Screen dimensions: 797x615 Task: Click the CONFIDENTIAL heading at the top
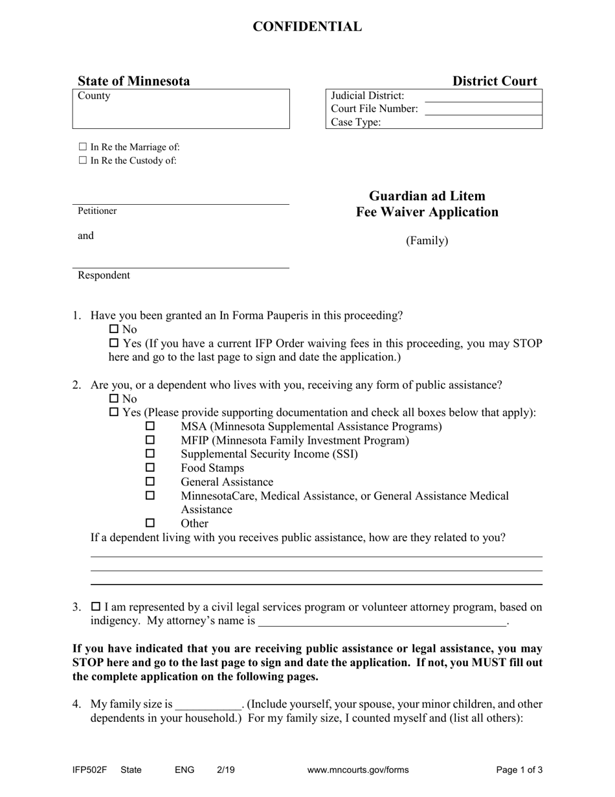[x=307, y=27]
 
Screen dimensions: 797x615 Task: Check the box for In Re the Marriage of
[x=82, y=147]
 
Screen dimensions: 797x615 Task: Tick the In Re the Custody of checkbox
[x=82, y=161]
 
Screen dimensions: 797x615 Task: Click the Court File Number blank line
[x=482, y=109]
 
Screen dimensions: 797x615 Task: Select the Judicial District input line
[x=482, y=96]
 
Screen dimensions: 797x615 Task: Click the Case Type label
[x=356, y=122]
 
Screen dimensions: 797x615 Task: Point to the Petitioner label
[x=97, y=211]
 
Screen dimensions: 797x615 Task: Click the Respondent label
[x=104, y=275]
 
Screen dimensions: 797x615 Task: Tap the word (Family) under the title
[x=427, y=241]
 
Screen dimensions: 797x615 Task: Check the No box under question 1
[x=115, y=330]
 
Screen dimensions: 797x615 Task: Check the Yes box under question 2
[x=115, y=413]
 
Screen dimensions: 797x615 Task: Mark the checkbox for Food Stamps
[x=150, y=468]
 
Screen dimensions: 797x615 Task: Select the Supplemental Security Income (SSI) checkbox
[x=150, y=454]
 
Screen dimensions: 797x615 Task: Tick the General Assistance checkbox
[x=150, y=481]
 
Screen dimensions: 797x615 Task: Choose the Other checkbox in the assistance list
[x=150, y=523]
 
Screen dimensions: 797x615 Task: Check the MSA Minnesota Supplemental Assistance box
[x=150, y=426]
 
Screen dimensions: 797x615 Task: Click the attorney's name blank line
[x=382, y=622]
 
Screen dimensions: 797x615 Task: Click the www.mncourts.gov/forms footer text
[x=358, y=770]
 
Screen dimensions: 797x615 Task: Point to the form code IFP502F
[x=89, y=770]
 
